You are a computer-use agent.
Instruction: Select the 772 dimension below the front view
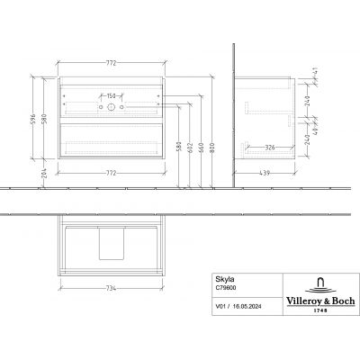click(112, 169)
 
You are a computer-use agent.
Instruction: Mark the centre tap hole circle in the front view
click(112, 108)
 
